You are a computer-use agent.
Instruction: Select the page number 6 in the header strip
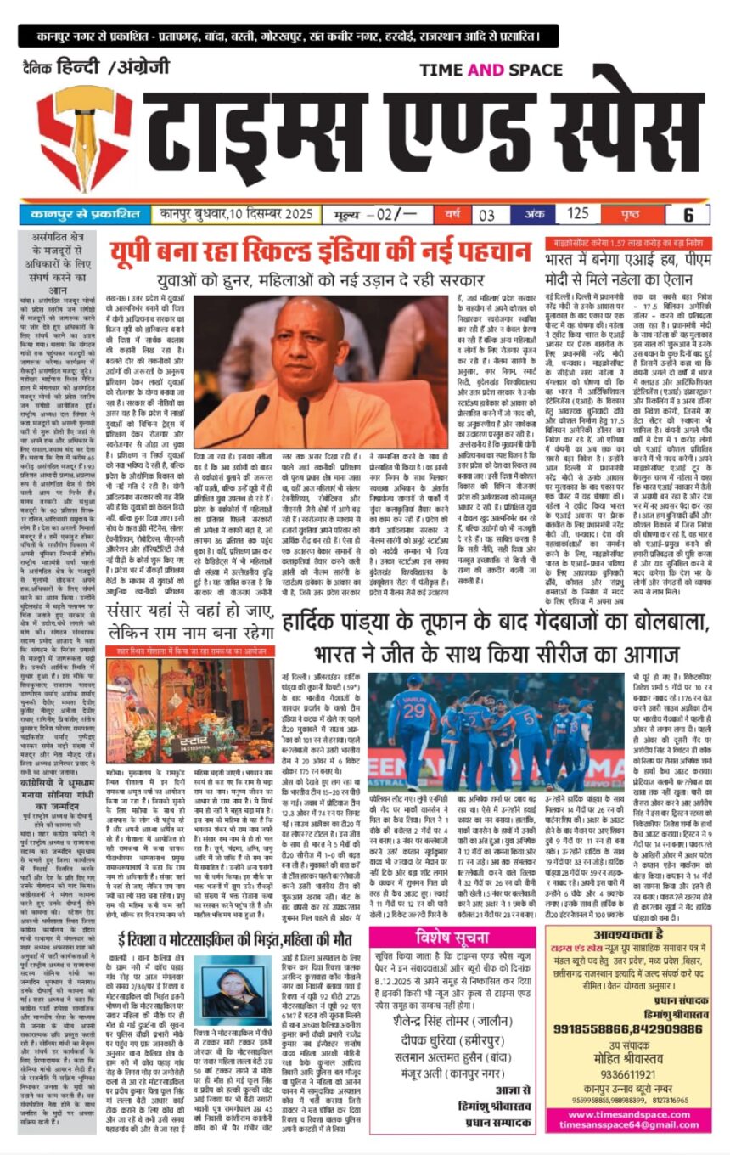pyautogui.click(x=688, y=215)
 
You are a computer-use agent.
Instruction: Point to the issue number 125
pyautogui.click(x=578, y=215)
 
